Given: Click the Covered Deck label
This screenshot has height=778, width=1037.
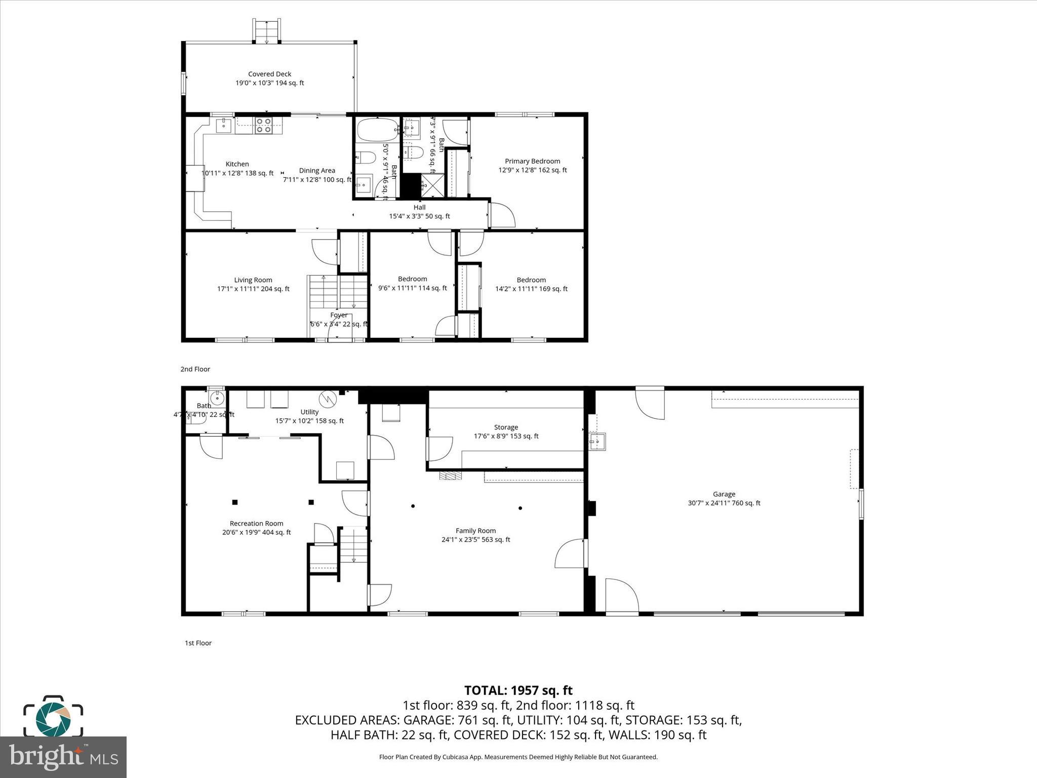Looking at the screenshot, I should tap(269, 74).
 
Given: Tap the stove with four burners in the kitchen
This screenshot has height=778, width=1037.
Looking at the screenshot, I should tap(263, 125).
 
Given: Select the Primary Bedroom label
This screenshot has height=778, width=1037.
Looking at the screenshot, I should tap(532, 161).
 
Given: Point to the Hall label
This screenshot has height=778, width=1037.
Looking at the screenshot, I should tap(419, 207).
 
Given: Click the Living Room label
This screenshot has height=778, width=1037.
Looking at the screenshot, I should tap(253, 280).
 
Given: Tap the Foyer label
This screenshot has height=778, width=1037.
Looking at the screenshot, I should tap(339, 315).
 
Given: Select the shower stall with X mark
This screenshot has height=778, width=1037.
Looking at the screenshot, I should tap(433, 185).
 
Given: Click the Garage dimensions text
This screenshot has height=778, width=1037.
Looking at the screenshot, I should tap(724, 503).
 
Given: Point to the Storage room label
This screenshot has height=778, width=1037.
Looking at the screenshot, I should tap(506, 427).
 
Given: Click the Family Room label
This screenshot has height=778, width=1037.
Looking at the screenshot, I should tap(475, 530).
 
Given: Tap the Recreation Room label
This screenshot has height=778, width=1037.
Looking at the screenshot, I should tap(256, 523).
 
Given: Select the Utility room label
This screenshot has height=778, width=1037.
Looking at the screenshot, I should tap(309, 412).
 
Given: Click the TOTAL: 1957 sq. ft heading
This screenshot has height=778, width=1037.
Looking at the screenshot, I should tap(518, 690).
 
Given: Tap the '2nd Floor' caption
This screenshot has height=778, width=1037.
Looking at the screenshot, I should tap(195, 369).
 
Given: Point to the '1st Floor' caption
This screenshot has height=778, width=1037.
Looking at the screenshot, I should tap(198, 643).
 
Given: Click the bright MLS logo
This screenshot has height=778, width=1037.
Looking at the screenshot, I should tap(63, 757).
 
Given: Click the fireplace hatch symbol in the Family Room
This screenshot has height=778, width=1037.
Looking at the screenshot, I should tap(451, 476).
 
